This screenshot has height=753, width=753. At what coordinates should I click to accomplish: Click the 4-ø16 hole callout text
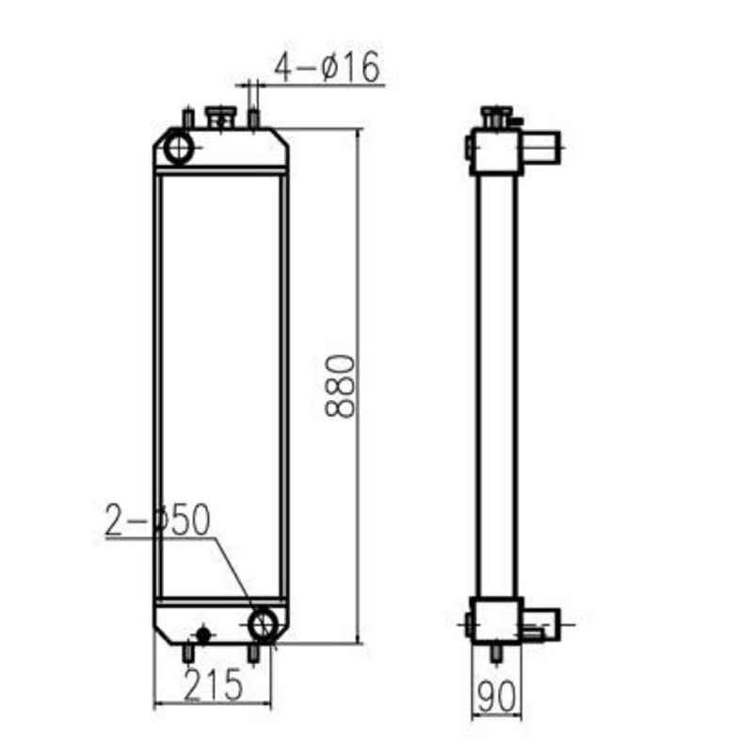pyautogui.click(x=326, y=67)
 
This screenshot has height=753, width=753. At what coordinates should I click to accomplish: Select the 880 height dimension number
pyautogui.click(x=340, y=386)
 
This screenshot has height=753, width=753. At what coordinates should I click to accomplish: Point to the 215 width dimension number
pyautogui.click(x=214, y=683)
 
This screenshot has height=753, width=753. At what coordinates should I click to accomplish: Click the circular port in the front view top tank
pyautogui.click(x=178, y=148)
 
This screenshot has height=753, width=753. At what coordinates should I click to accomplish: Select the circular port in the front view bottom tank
pyautogui.click(x=265, y=623)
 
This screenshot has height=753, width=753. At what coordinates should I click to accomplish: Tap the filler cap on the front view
pyautogui.click(x=222, y=118)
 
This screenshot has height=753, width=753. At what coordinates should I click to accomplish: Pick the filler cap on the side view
pyautogui.click(x=497, y=117)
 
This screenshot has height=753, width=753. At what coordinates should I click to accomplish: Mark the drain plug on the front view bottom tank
pyautogui.click(x=201, y=634)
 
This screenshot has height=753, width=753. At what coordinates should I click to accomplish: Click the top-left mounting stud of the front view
pyautogui.click(x=187, y=119)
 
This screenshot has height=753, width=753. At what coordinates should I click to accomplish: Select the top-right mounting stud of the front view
pyautogui.click(x=253, y=119)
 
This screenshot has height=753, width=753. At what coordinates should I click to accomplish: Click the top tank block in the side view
pyautogui.click(x=495, y=151)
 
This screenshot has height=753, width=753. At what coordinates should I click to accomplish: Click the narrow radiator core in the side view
pyautogui.click(x=496, y=386)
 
